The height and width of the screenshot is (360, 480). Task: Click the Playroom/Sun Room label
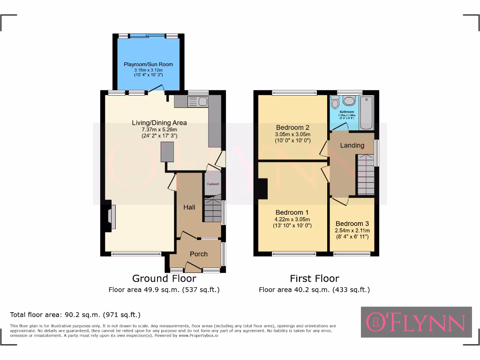tap(148, 64)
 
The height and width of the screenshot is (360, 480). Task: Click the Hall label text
tap(189, 207)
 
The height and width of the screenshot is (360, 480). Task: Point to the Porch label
tap(198, 254)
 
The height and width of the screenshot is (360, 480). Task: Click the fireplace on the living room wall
tap(109, 217)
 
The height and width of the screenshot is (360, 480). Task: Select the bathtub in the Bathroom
tap(367, 113)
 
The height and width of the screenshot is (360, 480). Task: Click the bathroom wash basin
tap(349, 100)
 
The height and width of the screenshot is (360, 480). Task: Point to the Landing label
tap(352, 145)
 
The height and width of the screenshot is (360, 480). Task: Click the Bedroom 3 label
tap(352, 224)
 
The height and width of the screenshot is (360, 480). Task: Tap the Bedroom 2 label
tap(292, 127)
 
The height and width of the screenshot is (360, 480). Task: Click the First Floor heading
tap(314, 278)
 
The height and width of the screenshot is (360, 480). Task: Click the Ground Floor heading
tap(164, 278)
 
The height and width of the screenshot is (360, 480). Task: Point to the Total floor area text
tap(75, 315)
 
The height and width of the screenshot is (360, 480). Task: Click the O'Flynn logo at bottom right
tap(416, 322)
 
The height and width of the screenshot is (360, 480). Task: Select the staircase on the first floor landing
tap(366, 176)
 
